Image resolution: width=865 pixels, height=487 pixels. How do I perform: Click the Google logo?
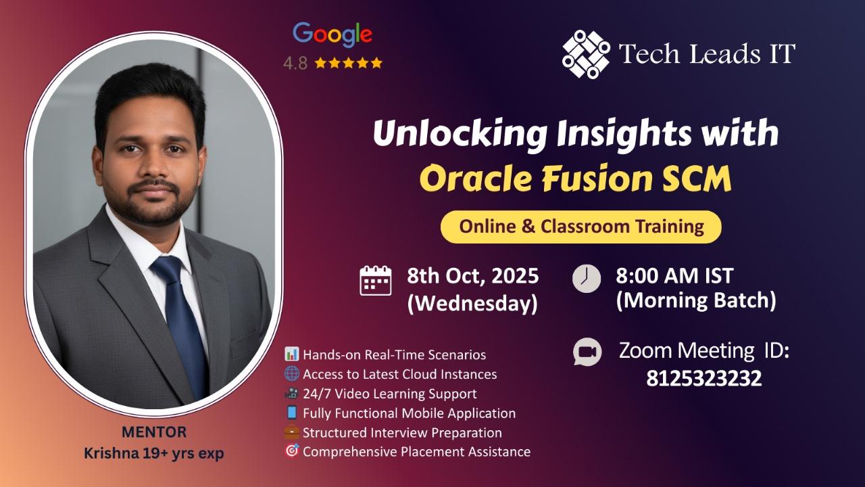(x=332, y=34)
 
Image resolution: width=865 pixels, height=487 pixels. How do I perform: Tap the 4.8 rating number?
(x=295, y=64)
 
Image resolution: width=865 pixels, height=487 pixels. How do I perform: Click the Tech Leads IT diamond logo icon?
(x=586, y=54)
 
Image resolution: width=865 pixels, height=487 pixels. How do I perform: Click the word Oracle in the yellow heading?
(x=476, y=179)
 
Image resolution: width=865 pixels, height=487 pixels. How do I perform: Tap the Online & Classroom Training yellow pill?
(x=581, y=227)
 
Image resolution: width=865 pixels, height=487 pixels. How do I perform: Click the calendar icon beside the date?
(x=375, y=281)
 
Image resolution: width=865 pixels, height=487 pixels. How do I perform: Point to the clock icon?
(x=586, y=278)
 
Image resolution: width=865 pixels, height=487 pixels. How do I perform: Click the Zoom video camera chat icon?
(x=587, y=352)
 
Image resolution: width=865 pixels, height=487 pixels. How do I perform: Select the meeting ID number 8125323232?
(x=704, y=378)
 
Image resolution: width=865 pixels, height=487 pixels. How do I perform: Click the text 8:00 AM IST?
(x=674, y=276)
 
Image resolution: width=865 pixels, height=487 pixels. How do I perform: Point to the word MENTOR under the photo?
(x=154, y=432)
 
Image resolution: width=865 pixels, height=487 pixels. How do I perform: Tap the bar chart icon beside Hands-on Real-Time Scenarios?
(x=291, y=354)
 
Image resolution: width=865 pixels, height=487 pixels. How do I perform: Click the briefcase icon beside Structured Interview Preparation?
(x=291, y=432)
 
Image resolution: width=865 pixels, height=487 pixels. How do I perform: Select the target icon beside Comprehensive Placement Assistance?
(x=291, y=451)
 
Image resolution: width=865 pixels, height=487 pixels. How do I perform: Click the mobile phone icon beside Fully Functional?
(x=291, y=413)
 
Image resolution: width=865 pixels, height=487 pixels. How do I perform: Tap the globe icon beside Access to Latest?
(x=291, y=373)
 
